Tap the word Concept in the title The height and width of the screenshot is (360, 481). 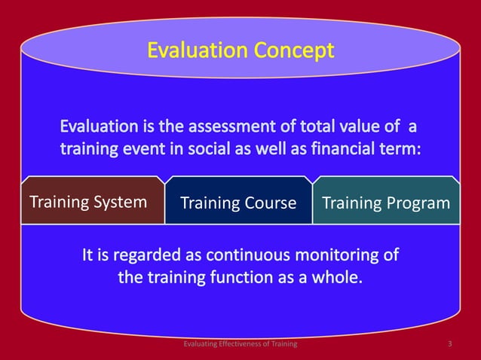[x=291, y=51]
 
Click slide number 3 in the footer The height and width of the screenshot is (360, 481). [x=449, y=344]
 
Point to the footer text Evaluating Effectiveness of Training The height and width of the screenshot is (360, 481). [x=240, y=344]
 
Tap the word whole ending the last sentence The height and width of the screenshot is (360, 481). [x=337, y=278]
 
